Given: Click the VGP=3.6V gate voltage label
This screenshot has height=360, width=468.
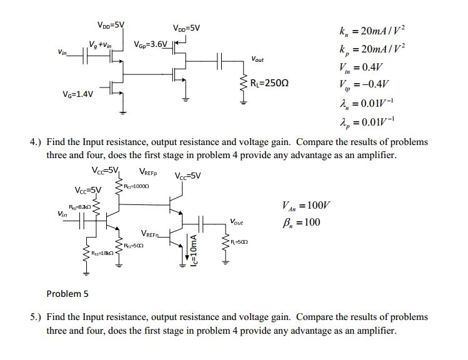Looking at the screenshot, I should (x=151, y=45).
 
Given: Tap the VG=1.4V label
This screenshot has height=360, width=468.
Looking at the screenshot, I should (x=78, y=94).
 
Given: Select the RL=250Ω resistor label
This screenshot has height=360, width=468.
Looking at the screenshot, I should (x=269, y=83).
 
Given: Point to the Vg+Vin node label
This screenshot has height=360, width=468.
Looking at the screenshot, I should (x=100, y=44).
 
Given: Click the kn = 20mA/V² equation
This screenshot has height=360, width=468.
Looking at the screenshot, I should (x=376, y=31).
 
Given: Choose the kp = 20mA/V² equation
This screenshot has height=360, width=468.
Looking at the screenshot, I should (x=376, y=49).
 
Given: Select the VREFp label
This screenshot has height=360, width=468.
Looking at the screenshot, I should (x=147, y=172).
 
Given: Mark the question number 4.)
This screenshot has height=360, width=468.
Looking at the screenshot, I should (x=36, y=142).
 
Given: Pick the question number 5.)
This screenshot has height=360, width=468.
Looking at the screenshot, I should (x=36, y=317).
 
